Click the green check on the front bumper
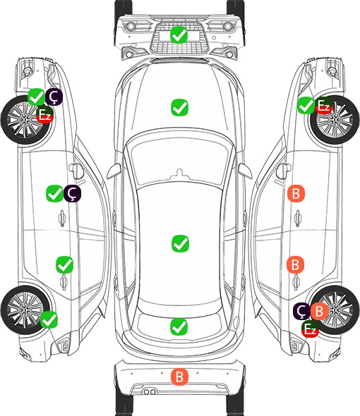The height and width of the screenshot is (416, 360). click(179, 35)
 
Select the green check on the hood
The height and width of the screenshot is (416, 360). click(179, 107)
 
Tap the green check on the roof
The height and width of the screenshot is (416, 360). click(180, 243)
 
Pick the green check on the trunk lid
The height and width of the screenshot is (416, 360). click(179, 326)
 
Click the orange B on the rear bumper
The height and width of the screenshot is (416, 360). click(179, 377)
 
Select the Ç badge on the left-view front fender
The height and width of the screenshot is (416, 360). click(54, 97)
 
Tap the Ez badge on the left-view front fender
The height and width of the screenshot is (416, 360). click(45, 115)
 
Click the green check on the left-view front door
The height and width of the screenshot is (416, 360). click(54, 193)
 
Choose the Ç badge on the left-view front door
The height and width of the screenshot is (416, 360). click(72, 193)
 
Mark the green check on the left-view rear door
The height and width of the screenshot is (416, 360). click(64, 264)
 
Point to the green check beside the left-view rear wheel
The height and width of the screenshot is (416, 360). click(49, 319)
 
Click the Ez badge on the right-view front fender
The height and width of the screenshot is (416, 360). click(323, 106)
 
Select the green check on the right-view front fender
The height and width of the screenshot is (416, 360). click(306, 106)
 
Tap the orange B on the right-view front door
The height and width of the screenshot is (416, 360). click(296, 193)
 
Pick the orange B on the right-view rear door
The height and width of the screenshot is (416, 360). click(295, 264)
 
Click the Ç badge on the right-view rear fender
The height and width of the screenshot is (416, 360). click(301, 311)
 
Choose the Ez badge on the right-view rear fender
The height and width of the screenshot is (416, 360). click(310, 329)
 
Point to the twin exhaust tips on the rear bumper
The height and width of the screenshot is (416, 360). click(150, 391)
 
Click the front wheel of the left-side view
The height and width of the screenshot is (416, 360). click(26, 121)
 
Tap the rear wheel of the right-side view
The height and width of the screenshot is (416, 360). click(335, 310)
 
